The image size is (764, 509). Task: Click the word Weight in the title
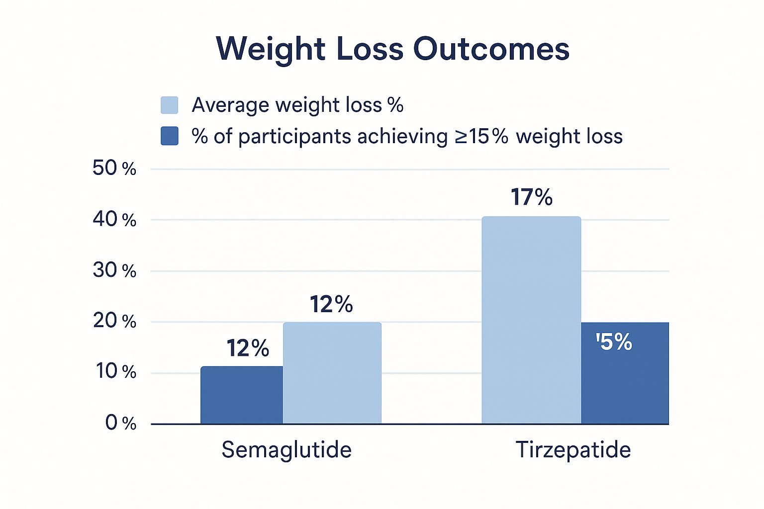click(x=271, y=49)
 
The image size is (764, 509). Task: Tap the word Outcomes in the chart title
click(x=491, y=49)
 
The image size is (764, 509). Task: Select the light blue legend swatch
click(x=169, y=105)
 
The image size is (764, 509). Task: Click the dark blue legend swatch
click(x=169, y=136)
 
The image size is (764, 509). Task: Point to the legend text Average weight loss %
click(x=297, y=105)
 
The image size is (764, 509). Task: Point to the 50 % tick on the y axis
click(x=114, y=169)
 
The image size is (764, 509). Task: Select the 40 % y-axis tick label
click(x=114, y=219)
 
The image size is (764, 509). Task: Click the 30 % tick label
click(x=114, y=270)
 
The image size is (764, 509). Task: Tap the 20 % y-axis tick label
click(x=114, y=321)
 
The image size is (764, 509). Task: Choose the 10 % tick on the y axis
click(x=115, y=372)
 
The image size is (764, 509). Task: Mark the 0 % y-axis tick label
click(x=120, y=423)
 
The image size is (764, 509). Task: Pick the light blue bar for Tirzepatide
click(x=531, y=320)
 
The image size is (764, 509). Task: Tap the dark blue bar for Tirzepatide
click(x=625, y=383)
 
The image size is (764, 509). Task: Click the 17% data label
click(x=531, y=197)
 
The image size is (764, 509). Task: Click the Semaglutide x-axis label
click(x=286, y=450)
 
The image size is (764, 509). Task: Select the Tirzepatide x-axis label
click(x=573, y=450)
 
